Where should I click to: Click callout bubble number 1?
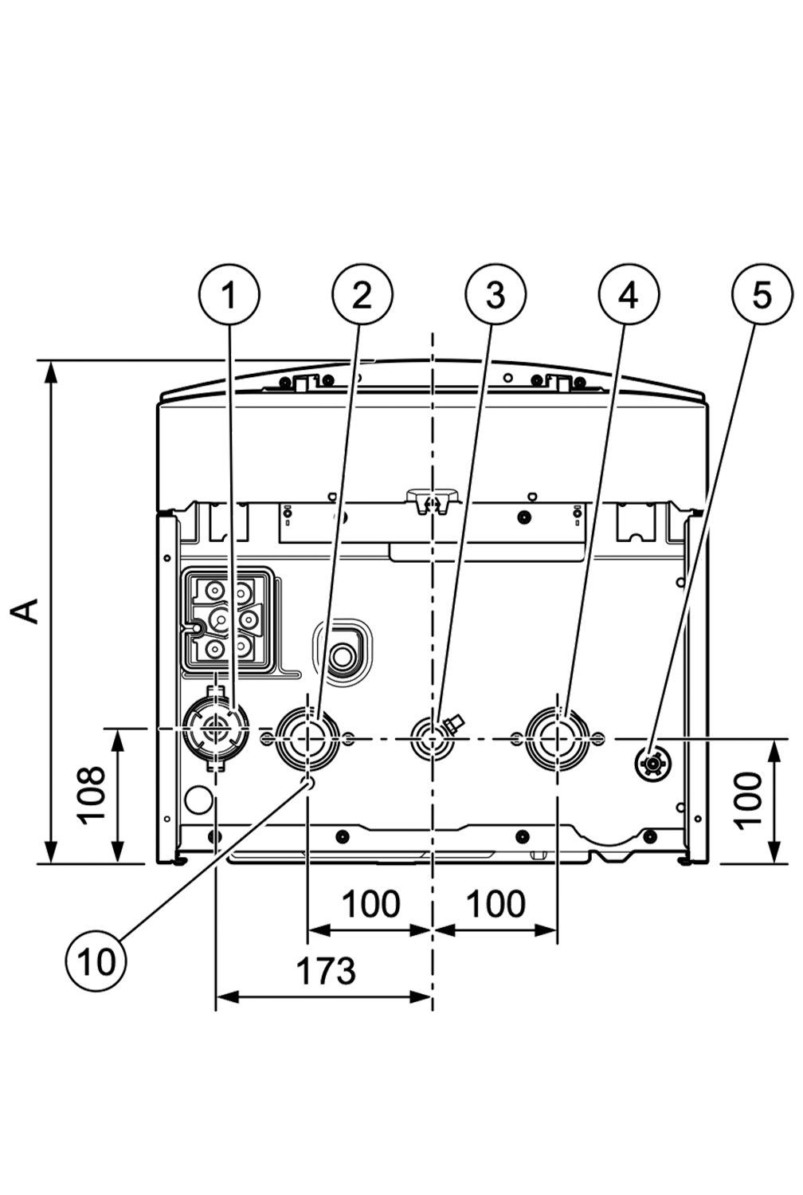pyautogui.click(x=229, y=296)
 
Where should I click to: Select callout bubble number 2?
pyautogui.click(x=362, y=296)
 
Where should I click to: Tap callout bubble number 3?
pyautogui.click(x=496, y=296)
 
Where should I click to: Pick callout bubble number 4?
pyautogui.click(x=629, y=296)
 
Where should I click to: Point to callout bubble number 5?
pyautogui.click(x=762, y=296)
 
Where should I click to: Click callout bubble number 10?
pyautogui.click(x=96, y=961)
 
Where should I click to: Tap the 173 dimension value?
pyautogui.click(x=326, y=970)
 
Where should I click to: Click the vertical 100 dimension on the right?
pyautogui.click(x=748, y=800)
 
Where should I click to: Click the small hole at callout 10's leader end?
pyautogui.click(x=309, y=786)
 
